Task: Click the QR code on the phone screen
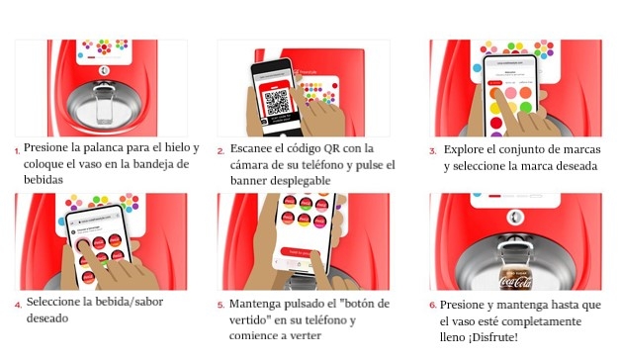pyautogui.click(x=277, y=102)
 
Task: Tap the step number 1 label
pyautogui.click(x=17, y=150)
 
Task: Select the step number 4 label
pyautogui.click(x=18, y=305)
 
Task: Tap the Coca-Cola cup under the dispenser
pyautogui.click(x=515, y=275)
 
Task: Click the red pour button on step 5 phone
pyautogui.click(x=300, y=252)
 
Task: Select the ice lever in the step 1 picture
pyautogui.click(x=104, y=101)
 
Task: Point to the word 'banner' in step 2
pyautogui.click(x=247, y=180)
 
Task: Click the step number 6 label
pyautogui.click(x=433, y=306)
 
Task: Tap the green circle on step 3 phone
pyautogui.click(x=525, y=107)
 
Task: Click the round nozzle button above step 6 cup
pyautogui.click(x=515, y=218)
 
